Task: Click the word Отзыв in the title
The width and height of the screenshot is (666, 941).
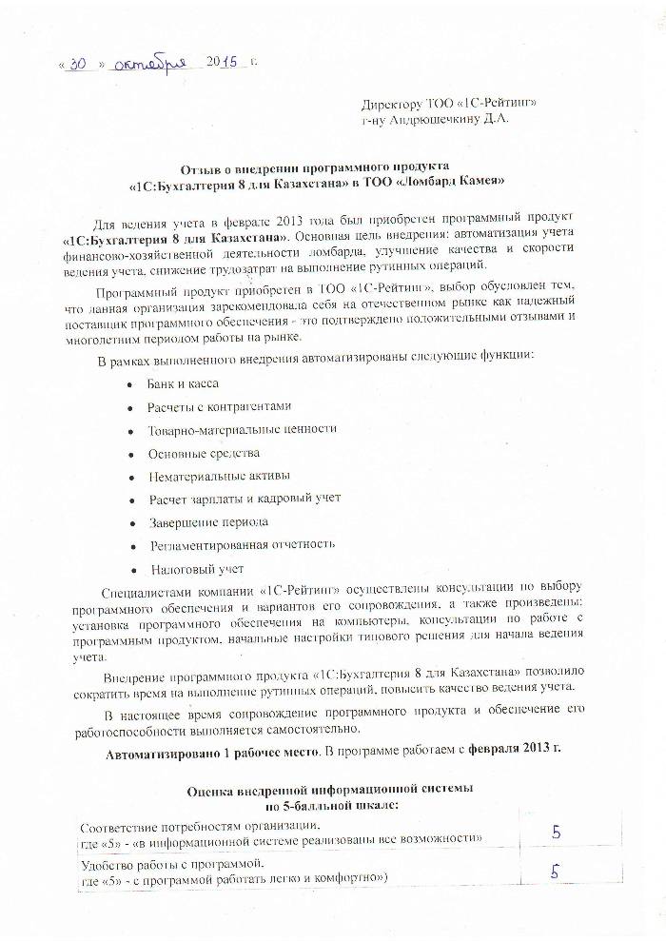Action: [x=206, y=166]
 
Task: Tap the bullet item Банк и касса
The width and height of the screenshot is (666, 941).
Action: [x=183, y=383]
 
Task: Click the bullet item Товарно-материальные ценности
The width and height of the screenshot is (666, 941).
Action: [x=242, y=429]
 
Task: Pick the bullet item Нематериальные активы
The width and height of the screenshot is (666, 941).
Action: [x=219, y=476]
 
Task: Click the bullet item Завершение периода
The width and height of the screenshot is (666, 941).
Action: [x=207, y=521]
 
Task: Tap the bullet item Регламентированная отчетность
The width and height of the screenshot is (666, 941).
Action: [x=241, y=544]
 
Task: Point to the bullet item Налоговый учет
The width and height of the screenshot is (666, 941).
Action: [x=197, y=569]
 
